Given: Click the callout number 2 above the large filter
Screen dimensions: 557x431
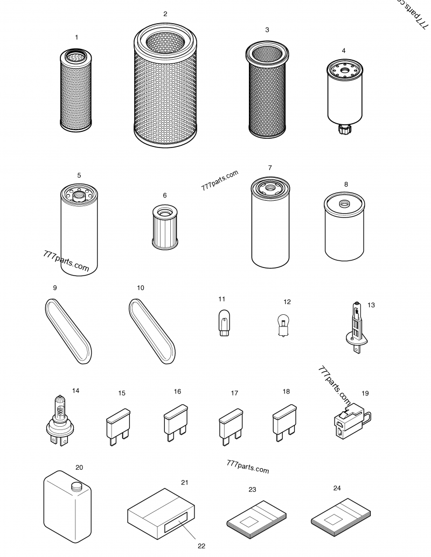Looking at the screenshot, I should coord(165,14).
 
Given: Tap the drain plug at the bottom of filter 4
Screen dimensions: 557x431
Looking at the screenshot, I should coord(343,129).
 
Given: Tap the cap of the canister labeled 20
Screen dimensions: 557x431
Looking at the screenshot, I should coord(76,486).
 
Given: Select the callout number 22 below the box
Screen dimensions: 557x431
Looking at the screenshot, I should coord(201,546).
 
